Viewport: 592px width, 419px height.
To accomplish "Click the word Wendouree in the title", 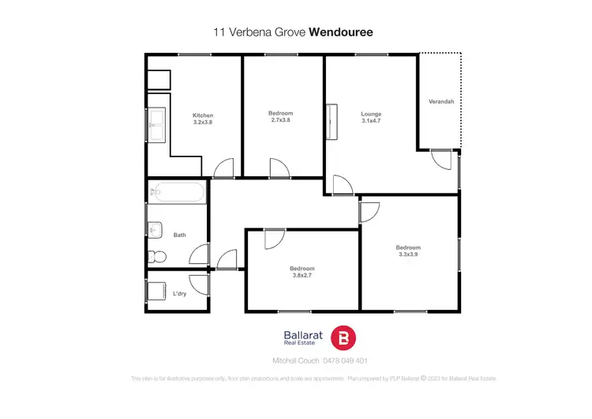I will coord(340,32).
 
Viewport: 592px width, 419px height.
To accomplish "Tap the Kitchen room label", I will coord(203,115).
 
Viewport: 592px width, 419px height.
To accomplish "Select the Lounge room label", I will coord(371,113).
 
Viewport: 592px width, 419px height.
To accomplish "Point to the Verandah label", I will coord(440,102).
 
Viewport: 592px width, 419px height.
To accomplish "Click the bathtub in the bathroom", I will coord(178,193).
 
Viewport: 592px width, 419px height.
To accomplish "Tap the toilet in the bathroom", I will coord(156,255).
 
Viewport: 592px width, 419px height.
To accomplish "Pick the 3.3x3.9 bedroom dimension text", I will coord(408,255).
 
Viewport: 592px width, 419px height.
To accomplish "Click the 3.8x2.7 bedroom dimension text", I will coord(302,276).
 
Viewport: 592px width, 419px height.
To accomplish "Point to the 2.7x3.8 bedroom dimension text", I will coord(281,121).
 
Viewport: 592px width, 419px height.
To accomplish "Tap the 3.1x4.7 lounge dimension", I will coord(371,121).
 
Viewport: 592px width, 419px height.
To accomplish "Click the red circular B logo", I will coord(343,338).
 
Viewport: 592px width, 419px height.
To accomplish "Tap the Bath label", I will coord(180,235).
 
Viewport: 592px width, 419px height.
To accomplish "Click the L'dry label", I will coord(180,294).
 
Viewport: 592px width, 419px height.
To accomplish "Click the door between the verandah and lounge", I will coord(441,157).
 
